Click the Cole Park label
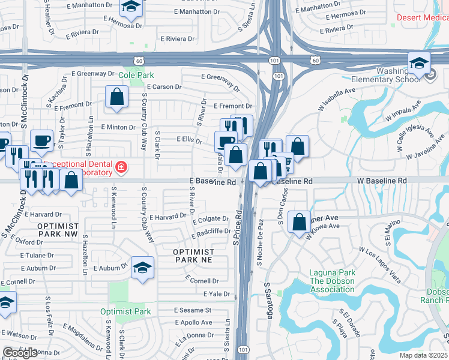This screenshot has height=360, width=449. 136,75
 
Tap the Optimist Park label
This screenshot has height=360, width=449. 125,311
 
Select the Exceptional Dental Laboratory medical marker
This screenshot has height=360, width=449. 121,167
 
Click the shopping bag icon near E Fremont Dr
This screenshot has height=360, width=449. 116,96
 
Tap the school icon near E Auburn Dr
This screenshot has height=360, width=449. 142,267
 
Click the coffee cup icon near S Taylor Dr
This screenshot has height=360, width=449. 41,140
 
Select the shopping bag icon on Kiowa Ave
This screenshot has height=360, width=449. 299,221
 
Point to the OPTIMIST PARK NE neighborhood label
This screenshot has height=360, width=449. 193,256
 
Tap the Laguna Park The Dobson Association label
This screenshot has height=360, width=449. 331,281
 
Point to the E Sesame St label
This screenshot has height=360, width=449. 193,310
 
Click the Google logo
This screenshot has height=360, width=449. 20,353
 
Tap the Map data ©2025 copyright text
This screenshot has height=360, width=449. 423,355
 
